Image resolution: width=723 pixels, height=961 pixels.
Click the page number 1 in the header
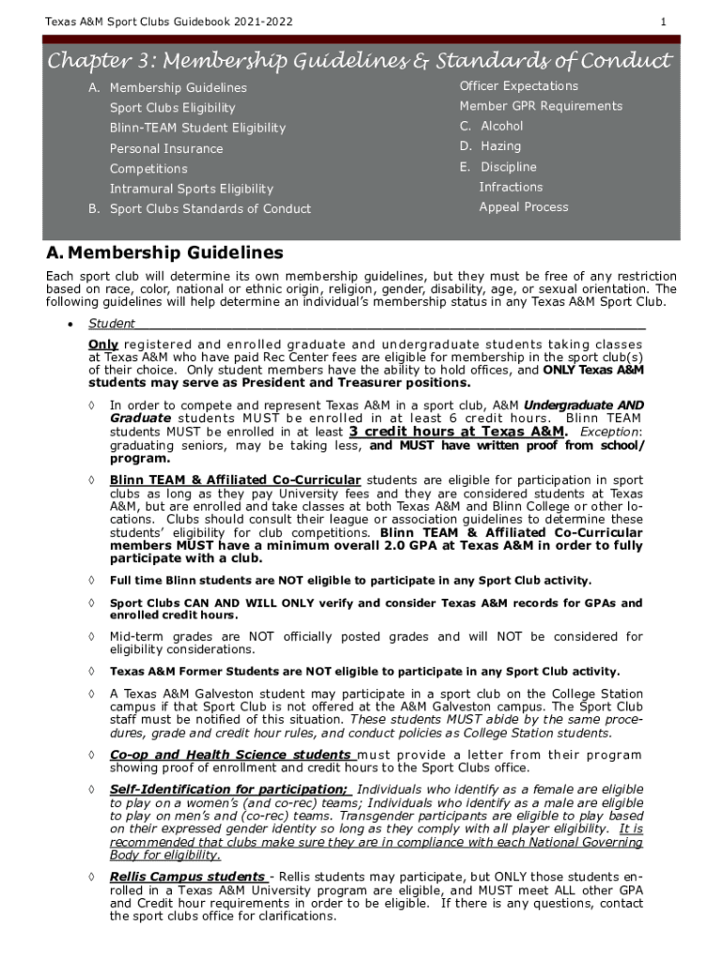click(x=663, y=22)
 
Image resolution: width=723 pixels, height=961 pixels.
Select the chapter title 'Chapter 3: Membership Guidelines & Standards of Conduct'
click(x=361, y=61)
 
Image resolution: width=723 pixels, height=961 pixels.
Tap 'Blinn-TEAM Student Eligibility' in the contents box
click(x=197, y=128)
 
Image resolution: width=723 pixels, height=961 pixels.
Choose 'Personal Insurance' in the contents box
click(x=166, y=148)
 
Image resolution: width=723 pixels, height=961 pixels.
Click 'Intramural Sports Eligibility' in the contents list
click(x=192, y=189)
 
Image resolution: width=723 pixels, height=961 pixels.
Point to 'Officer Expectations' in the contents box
click(x=518, y=86)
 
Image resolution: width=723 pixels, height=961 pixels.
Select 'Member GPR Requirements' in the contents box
click(x=541, y=106)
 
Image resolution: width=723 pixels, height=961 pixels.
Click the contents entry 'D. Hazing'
click(x=490, y=146)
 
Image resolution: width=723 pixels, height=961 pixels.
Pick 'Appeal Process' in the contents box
click(x=523, y=207)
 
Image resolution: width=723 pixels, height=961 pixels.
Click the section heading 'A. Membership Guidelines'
click(x=164, y=253)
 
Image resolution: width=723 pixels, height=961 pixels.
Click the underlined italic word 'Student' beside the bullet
click(x=112, y=324)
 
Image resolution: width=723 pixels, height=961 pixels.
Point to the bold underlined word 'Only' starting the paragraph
click(x=102, y=344)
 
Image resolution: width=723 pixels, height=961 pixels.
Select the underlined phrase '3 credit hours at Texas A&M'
click(x=457, y=432)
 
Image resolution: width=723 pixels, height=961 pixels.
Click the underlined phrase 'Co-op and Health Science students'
click(x=230, y=755)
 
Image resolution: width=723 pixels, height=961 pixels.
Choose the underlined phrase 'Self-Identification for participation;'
click(x=230, y=789)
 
